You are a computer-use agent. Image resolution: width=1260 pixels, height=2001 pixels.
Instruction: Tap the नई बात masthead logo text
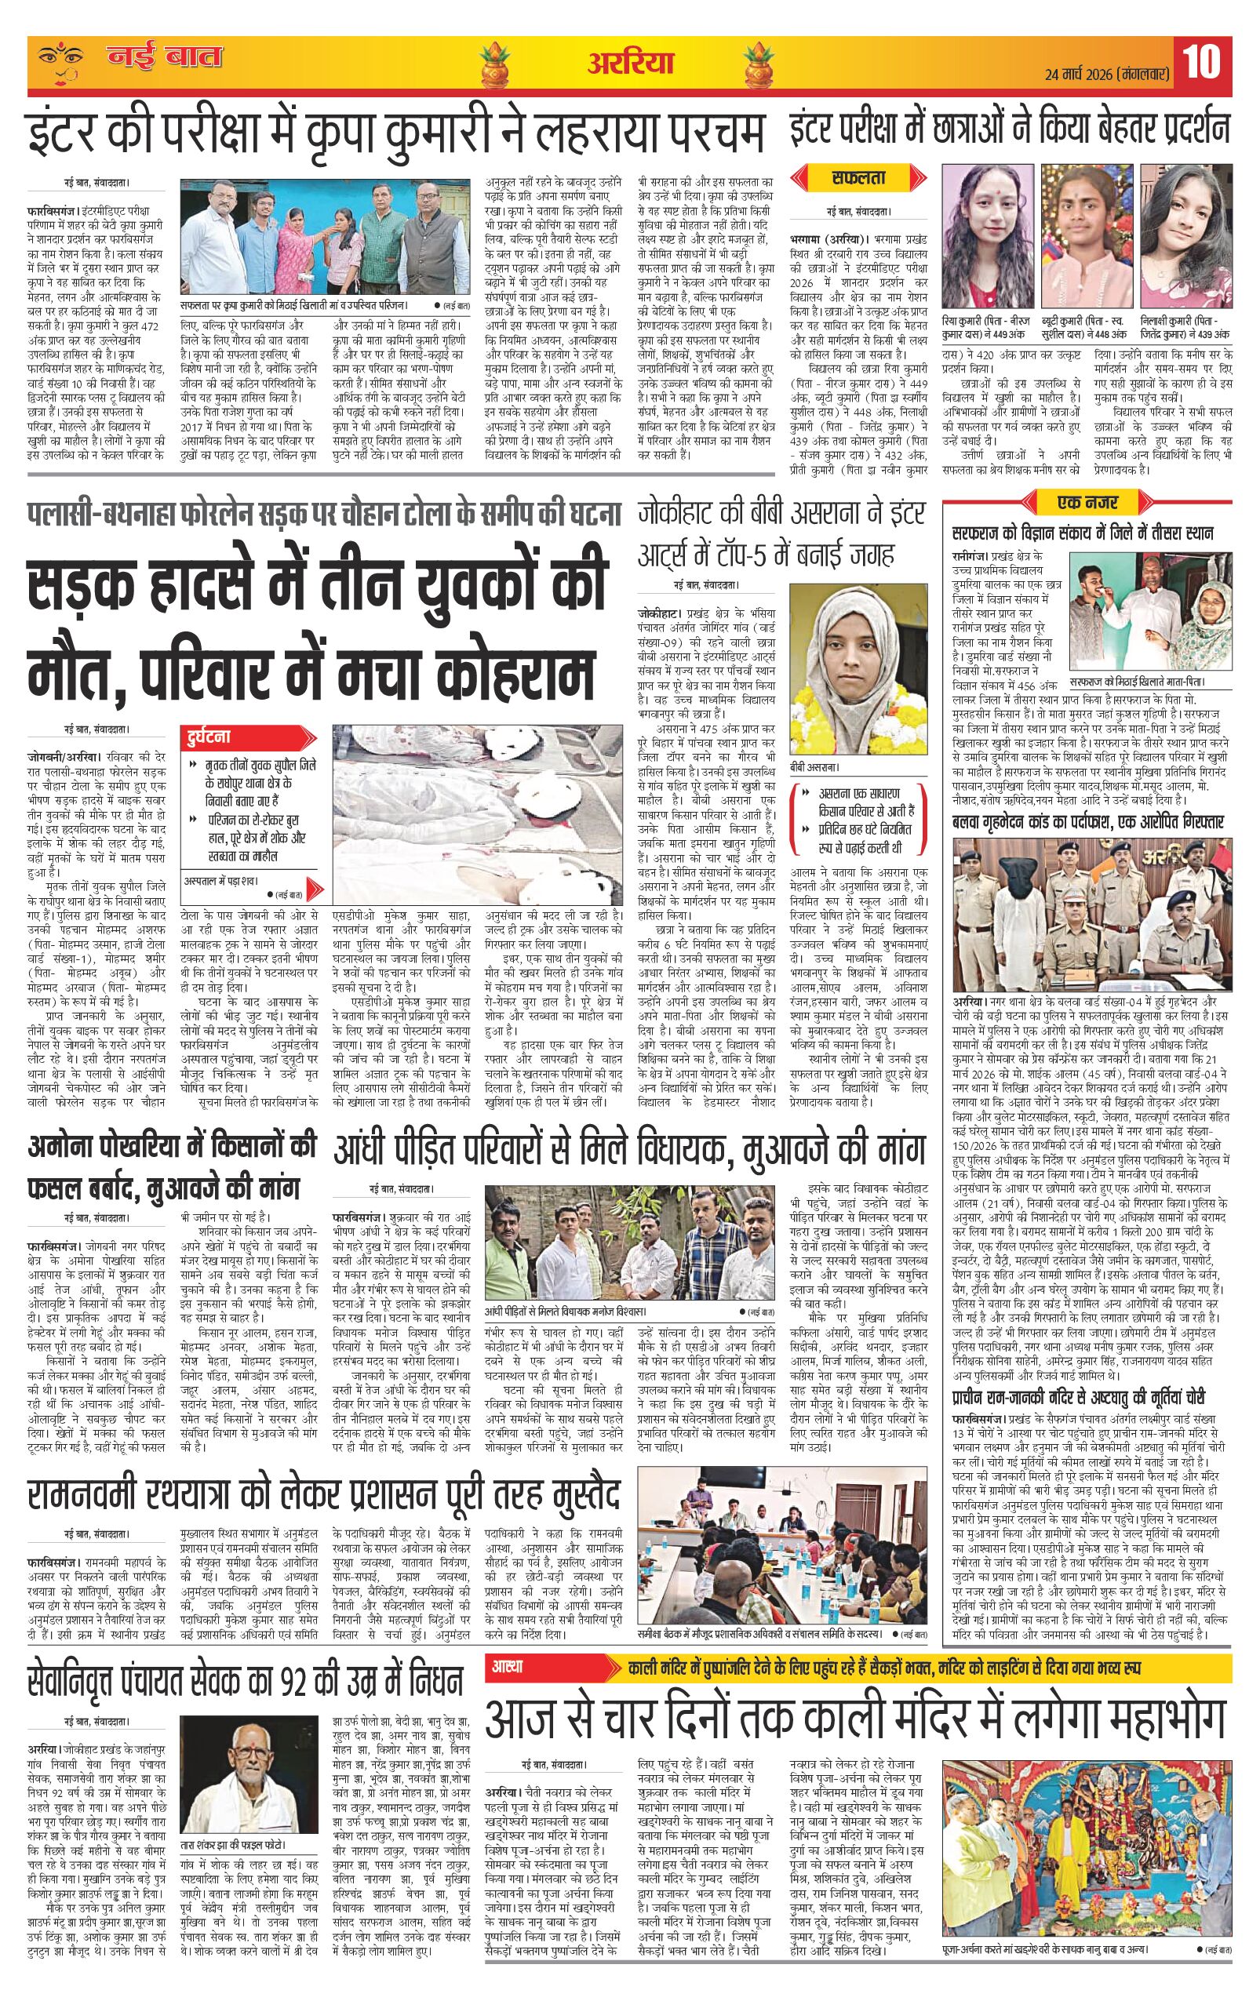click(165, 58)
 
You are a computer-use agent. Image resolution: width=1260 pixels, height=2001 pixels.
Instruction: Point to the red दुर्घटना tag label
click(209, 737)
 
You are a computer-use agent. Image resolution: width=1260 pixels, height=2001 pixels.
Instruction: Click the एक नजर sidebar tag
click(1087, 503)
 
